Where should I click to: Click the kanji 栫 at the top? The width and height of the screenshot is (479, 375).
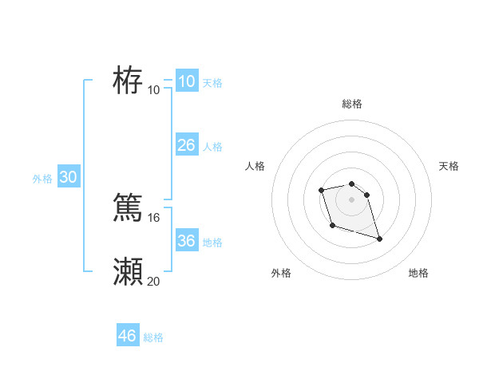point(128,81)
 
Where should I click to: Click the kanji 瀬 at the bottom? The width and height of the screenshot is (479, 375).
point(128,272)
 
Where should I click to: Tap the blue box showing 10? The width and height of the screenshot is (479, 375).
point(186,81)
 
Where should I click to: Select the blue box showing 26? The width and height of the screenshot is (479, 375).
point(186,145)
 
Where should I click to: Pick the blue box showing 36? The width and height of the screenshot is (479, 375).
point(186,241)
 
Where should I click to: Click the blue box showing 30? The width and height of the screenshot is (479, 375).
point(68,177)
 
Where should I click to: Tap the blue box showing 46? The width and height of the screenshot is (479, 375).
point(127,336)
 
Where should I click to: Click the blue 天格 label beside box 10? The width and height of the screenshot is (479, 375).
point(212,83)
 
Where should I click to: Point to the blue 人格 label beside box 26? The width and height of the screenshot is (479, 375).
point(212,147)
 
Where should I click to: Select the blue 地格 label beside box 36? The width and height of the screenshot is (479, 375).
point(212,243)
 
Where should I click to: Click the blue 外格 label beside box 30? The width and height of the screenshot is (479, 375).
point(42,179)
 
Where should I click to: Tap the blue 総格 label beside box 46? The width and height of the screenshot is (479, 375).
point(153,337)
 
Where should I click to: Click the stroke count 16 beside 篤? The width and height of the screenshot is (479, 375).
point(154,217)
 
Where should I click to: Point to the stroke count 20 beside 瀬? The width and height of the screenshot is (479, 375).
point(154,281)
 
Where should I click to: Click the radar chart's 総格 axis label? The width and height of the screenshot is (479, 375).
point(352,104)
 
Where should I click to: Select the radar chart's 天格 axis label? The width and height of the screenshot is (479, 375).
point(449,166)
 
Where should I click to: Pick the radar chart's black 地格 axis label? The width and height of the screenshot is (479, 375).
point(418,273)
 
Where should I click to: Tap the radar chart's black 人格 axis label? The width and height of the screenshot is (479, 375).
point(255,166)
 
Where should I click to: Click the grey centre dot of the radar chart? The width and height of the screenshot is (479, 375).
point(352,199)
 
